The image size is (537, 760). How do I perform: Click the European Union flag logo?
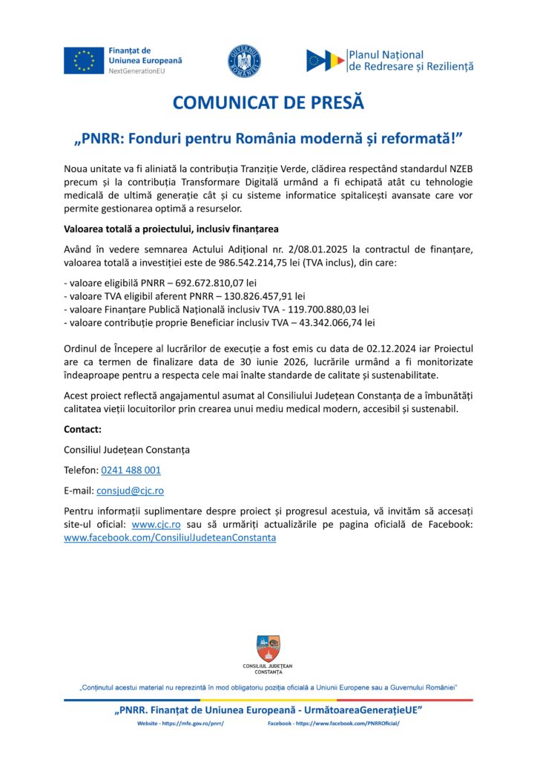click(83, 60)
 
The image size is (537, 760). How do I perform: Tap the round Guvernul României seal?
click(244, 61)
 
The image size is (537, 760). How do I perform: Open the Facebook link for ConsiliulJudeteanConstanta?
click(170, 537)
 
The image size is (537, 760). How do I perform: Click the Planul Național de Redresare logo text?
click(410, 60)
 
